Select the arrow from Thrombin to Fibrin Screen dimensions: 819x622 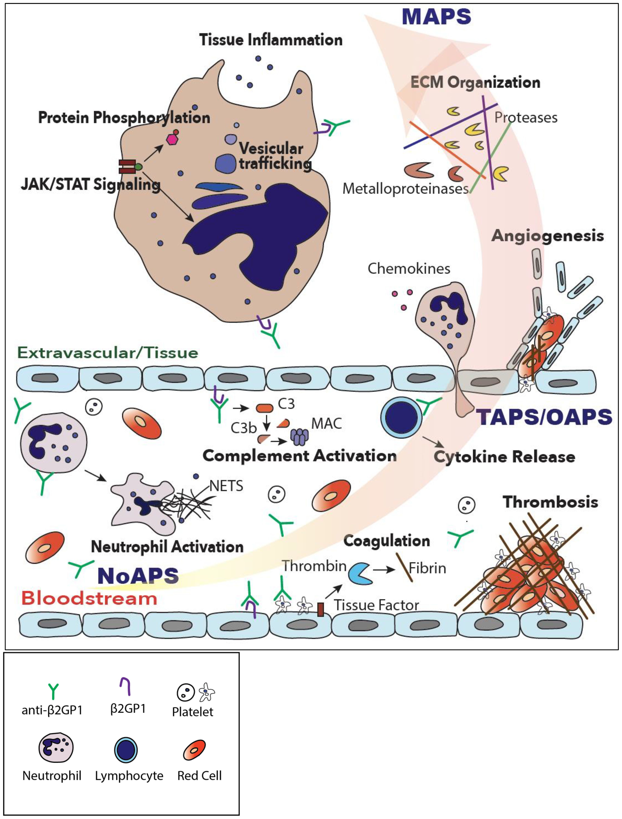(384, 569)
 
